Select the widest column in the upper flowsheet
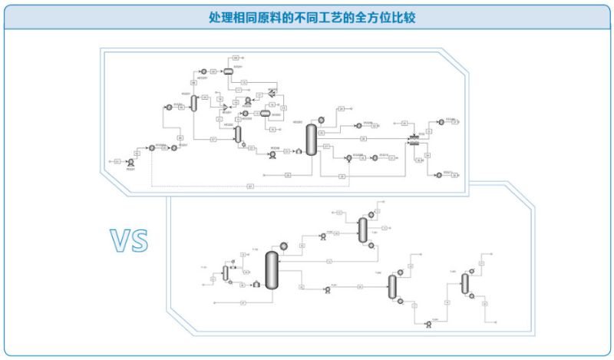pyautogui.click(x=311, y=139)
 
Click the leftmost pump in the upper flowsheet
pyautogui.click(x=134, y=154)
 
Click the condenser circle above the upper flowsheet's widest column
pyautogui.click(x=321, y=118)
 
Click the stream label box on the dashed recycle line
pyautogui.click(x=250, y=186)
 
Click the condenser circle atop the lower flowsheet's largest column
pyautogui.click(x=283, y=246)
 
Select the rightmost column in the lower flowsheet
pyautogui.click(x=464, y=284)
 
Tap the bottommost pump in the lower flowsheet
pyautogui.click(x=428, y=324)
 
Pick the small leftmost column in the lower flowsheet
pyautogui.click(x=226, y=272)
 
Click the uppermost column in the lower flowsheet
pyautogui.click(x=362, y=228)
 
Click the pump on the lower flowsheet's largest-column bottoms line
pyautogui.click(x=327, y=290)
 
